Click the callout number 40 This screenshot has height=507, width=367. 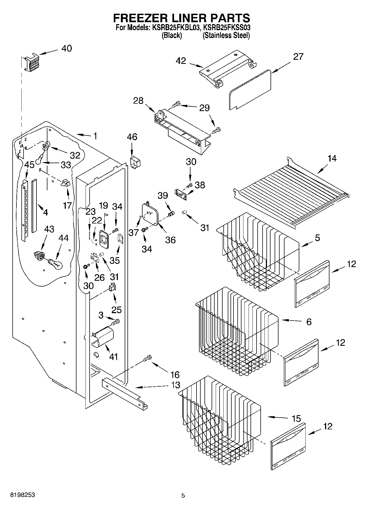(66, 48)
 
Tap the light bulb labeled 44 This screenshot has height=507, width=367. (56, 264)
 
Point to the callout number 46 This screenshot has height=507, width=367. (132, 137)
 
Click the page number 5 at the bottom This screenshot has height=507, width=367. (183, 495)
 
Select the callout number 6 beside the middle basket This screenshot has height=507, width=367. (309, 322)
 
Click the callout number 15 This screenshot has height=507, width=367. (296, 418)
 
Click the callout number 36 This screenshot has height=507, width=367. (170, 240)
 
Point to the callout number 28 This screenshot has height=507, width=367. (138, 101)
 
